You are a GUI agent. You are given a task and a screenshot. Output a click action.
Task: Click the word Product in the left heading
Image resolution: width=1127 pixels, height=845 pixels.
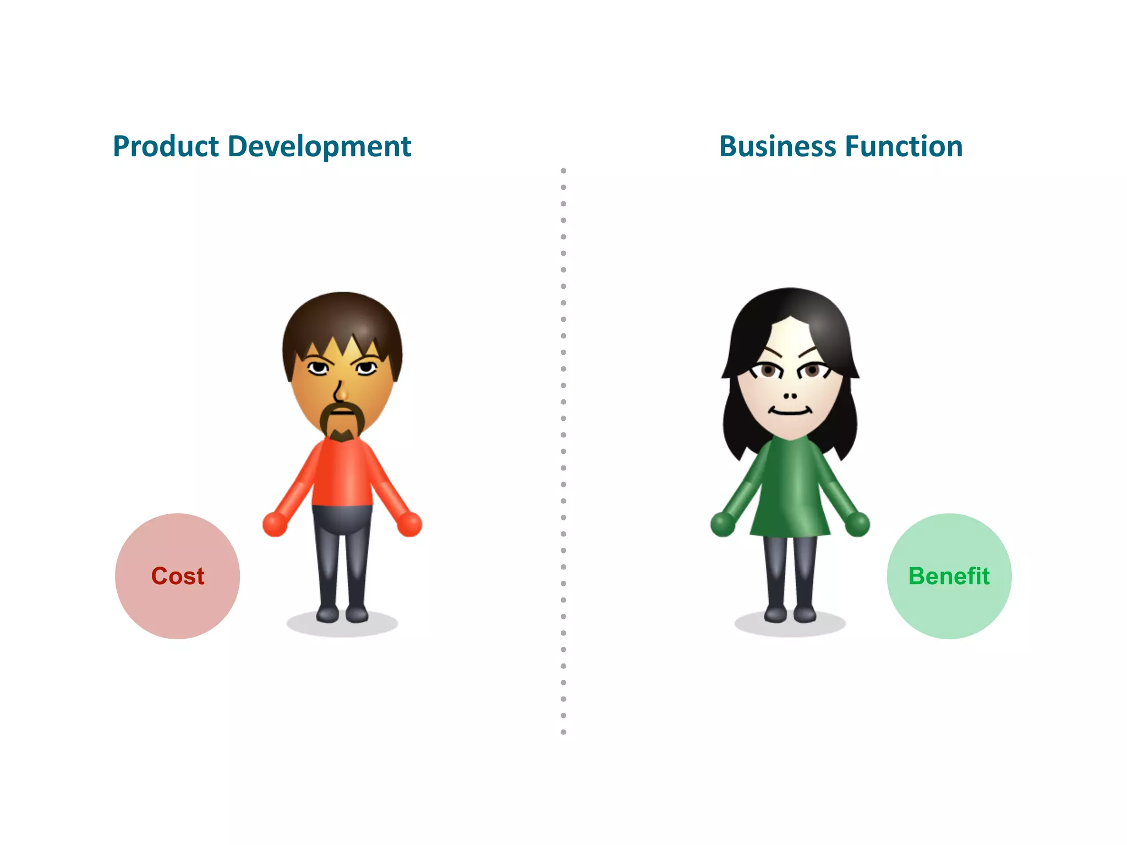166,147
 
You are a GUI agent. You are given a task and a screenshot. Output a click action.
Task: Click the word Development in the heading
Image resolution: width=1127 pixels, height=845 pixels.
319,147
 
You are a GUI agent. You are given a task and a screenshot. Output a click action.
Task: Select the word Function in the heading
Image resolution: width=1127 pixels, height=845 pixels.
904,147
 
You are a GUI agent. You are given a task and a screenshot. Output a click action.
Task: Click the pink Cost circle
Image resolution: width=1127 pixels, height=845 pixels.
177,576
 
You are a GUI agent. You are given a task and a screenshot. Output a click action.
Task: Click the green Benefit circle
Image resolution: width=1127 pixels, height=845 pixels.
949,576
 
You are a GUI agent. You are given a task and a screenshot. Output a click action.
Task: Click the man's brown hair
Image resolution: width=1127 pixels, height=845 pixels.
341,319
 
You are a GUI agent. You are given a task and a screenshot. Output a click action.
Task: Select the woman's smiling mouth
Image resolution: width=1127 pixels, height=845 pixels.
790,411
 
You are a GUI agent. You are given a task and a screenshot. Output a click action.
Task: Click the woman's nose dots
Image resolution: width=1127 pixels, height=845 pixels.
790,396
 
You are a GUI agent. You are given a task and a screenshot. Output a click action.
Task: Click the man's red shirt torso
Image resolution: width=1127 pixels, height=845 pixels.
342,473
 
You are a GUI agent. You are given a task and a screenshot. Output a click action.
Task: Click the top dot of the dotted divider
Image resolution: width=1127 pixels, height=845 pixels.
563,171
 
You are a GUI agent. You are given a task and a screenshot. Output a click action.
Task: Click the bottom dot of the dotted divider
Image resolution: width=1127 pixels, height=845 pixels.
563,732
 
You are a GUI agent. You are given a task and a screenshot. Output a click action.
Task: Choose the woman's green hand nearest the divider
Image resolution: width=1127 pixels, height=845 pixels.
723,524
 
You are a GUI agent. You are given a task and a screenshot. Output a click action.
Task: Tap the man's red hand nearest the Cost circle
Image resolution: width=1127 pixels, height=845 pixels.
275,524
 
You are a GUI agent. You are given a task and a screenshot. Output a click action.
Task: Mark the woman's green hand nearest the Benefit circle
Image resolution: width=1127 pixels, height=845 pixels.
857,524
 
